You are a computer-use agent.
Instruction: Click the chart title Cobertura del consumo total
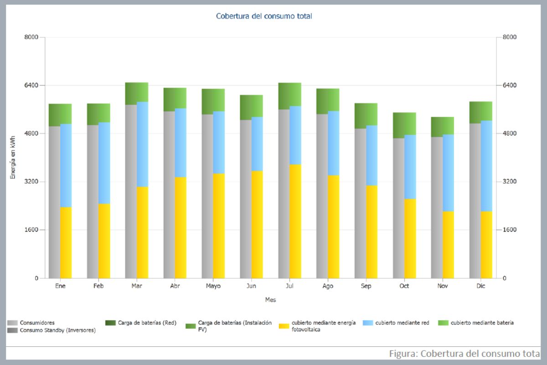(264, 16)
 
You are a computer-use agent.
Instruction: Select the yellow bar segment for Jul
(295, 221)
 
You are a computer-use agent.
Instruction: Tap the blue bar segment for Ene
(66, 165)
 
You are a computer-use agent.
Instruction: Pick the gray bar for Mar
(131, 192)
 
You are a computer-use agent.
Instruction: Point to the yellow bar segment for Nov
(449, 245)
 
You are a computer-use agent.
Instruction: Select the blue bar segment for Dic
(486, 166)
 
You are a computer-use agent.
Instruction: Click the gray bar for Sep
(360, 203)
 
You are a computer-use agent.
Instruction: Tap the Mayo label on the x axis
(213, 286)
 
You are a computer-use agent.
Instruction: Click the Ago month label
(328, 286)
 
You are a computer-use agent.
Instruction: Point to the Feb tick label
(98, 286)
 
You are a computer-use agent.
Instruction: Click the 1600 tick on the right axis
(509, 230)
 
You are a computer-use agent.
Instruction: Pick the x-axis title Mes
(270, 300)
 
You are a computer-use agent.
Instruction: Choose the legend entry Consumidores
(37, 323)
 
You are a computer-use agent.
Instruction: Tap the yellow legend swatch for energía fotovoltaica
(284, 325)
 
